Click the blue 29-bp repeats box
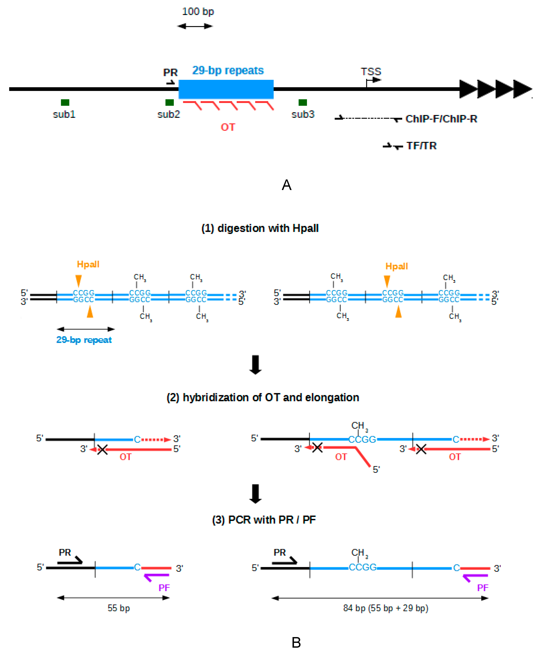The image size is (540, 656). [x=226, y=89]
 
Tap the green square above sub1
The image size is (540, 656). [x=65, y=102]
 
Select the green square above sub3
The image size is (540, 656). [x=303, y=102]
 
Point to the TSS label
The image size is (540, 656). [x=371, y=72]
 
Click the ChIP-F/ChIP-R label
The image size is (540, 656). [x=441, y=119]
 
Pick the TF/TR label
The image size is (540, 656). [x=421, y=146]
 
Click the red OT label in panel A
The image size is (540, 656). [x=228, y=127]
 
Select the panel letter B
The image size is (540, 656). [x=296, y=642]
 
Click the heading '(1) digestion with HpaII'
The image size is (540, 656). [x=260, y=228]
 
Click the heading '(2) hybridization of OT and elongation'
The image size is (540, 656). [x=263, y=398]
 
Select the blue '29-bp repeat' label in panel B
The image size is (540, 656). [x=84, y=340]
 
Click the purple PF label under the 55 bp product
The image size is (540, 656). [x=164, y=588]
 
